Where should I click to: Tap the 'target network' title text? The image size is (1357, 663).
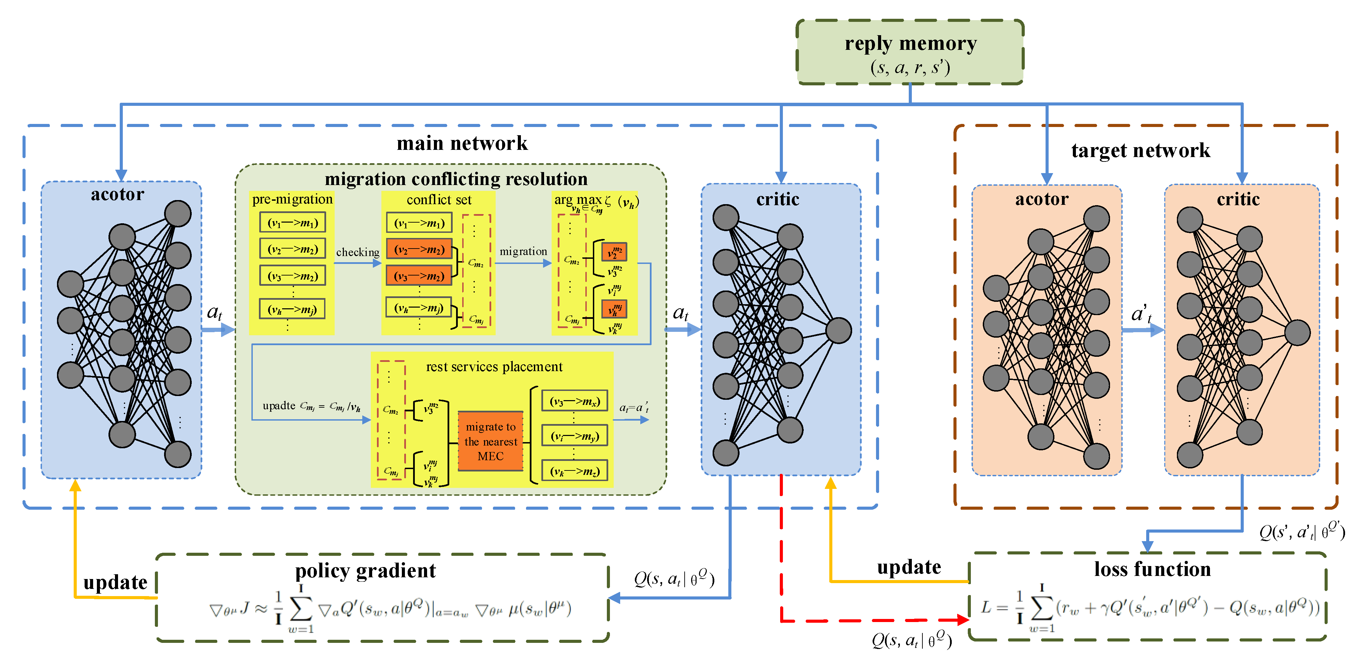1140,151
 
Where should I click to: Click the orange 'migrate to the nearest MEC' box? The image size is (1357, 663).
491,441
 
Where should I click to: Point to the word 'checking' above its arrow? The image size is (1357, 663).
358,252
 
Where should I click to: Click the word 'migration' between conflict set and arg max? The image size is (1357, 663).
523,251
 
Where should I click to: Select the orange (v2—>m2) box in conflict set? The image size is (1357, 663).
419,249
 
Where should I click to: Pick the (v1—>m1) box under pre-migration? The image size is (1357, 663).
292,222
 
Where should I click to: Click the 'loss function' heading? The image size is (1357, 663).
1152,569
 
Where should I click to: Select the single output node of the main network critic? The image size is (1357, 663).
838,330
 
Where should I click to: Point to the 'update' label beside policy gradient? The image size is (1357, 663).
115,582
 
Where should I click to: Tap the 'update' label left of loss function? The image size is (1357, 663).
909,567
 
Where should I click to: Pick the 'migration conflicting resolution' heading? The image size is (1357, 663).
456,179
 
